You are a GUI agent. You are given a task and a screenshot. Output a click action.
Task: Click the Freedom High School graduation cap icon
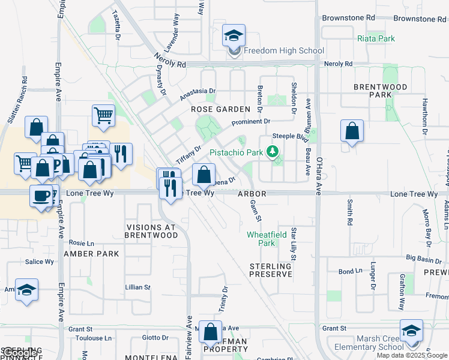[234, 36]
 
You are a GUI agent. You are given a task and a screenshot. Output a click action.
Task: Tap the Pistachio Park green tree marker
[274, 151]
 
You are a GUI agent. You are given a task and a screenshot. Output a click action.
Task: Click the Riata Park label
[376, 38]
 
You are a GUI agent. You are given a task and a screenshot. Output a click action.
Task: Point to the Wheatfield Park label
[267, 239]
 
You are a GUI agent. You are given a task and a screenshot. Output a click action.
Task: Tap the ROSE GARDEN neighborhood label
[220, 109]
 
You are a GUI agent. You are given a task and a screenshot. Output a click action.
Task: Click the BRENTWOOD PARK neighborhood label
[380, 91]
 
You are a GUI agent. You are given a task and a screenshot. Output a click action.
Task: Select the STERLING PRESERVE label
[271, 269]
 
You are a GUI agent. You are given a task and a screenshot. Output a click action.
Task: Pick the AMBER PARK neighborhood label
[92, 254]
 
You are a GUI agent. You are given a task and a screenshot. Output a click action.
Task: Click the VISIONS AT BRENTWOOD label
[152, 232]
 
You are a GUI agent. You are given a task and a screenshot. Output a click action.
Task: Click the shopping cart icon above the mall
[103, 116]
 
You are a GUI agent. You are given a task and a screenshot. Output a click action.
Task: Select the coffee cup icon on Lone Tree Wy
[42, 196]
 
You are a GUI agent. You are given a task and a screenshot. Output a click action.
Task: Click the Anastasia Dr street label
[197, 94]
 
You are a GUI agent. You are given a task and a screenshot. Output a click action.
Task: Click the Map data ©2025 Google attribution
[412, 355]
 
